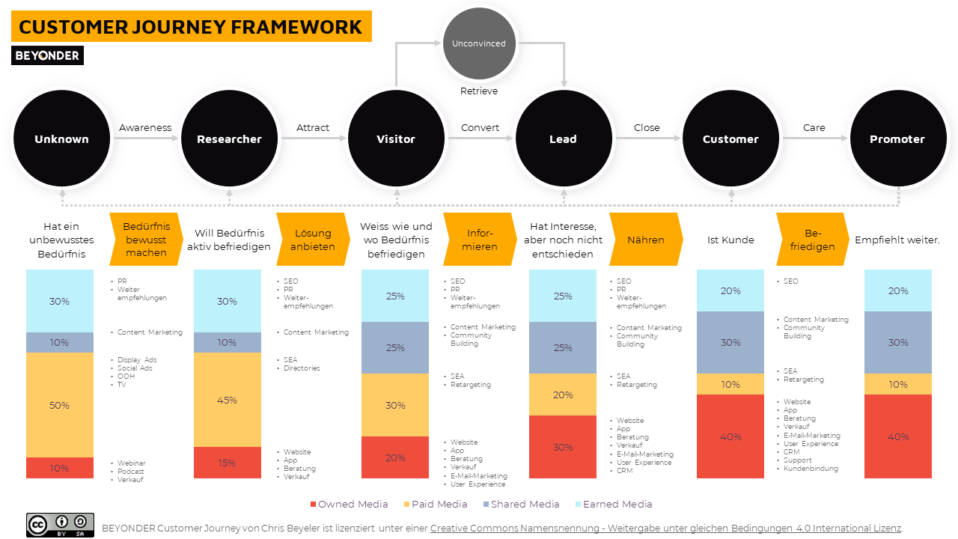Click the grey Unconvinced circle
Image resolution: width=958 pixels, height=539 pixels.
coord(479,43)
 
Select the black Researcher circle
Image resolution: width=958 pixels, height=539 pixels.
coord(229,139)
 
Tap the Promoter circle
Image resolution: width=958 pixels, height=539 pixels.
coord(897,139)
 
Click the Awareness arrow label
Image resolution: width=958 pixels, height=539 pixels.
coord(145,128)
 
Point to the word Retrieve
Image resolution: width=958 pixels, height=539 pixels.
coord(479,91)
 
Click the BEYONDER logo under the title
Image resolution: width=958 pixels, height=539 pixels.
coord(47,55)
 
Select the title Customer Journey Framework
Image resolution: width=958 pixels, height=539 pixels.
coord(191,27)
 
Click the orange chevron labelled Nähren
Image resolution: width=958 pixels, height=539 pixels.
coord(645,240)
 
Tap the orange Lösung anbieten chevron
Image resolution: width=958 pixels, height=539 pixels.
coord(313,240)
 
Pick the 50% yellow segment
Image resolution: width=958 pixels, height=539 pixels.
coord(60,405)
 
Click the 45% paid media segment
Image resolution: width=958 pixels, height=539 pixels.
coord(228,400)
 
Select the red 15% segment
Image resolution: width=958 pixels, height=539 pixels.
coord(228,463)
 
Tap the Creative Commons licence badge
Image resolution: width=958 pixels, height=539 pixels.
coord(60,525)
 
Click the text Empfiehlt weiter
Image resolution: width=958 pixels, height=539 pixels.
coord(897,240)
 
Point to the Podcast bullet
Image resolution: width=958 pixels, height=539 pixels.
coord(131,472)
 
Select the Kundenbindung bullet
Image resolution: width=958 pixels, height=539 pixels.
coord(811,469)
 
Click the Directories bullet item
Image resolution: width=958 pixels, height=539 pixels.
coord(302,368)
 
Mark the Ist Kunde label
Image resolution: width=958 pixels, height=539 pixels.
coord(730,240)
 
